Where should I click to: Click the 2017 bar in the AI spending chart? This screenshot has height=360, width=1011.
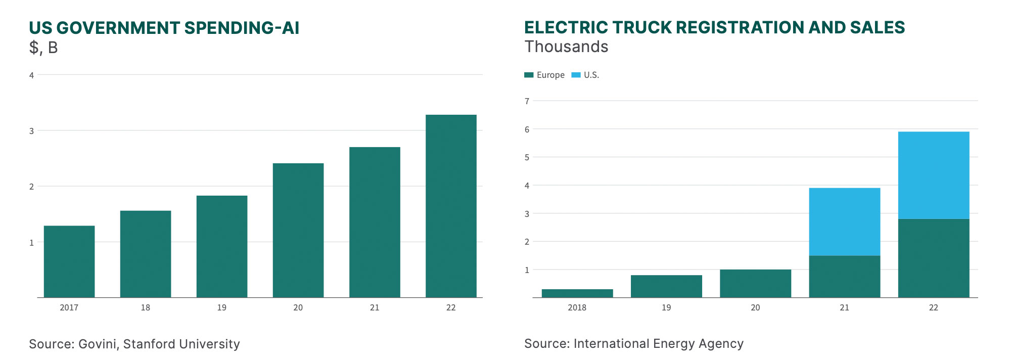pos(69,261)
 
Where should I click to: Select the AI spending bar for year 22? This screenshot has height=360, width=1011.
pos(451,206)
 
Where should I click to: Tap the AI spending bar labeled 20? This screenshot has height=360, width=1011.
pos(298,230)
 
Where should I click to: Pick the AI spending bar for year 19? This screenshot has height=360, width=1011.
pos(222,246)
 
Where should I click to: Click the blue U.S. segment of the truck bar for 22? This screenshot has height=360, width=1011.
pos(934,175)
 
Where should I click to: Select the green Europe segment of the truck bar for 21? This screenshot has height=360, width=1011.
pos(844,277)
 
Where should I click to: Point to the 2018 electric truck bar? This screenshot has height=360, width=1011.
pos(577,293)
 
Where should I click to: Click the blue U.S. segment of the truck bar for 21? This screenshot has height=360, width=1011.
pos(844,221)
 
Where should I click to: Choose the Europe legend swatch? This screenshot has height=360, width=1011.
pos(529,75)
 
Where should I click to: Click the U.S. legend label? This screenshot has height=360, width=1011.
pos(591,75)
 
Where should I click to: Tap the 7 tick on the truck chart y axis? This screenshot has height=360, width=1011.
pos(527,101)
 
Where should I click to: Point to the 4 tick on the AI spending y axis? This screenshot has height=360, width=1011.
pos(31,75)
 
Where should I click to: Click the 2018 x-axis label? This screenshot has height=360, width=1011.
pos(577,307)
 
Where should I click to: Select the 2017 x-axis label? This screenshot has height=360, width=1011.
pos(69,307)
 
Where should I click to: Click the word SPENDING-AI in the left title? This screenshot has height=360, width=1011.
pos(242,28)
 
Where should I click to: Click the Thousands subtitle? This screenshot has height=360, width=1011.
pos(566,47)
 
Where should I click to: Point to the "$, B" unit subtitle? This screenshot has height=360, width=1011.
pos(43,48)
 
